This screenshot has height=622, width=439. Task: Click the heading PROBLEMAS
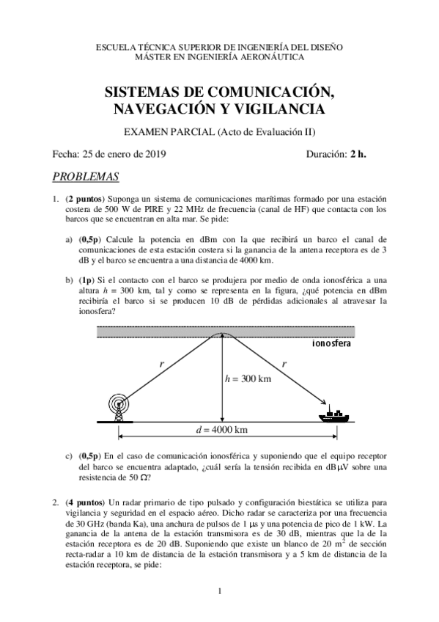click(86, 177)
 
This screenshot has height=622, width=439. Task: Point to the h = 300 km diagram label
click(249, 378)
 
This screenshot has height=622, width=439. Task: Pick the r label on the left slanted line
click(161, 363)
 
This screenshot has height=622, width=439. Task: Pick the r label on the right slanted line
click(284, 363)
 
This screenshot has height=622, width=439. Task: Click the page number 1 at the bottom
click(220, 591)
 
